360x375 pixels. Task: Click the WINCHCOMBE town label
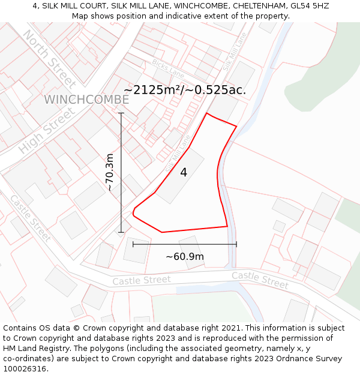86,100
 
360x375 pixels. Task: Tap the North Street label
50,58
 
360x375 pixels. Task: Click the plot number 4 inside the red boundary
184,173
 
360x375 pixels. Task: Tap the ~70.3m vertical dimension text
109,172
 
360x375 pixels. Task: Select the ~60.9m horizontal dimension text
185,257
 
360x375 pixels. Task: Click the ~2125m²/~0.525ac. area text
185,90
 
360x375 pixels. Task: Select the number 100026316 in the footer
25,369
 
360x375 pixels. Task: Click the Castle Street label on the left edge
30,218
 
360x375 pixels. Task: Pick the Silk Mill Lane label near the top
234,51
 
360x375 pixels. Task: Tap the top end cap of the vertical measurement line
121,113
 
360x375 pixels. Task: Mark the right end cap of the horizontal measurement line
236,244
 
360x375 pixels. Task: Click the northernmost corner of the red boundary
207,113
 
